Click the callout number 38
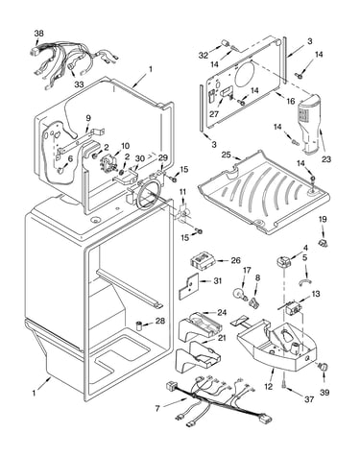[39, 34]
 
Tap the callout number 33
[79, 84]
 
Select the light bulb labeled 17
[240, 294]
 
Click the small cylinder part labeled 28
[139, 325]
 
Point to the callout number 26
[235, 260]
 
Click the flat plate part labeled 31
[187, 285]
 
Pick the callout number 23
[326, 159]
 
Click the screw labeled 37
[285, 387]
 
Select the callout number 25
[227, 155]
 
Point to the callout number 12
[268, 387]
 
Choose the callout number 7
[157, 409]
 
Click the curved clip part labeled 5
[305, 281]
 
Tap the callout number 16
[291, 102]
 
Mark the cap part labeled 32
[226, 43]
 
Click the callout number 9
[88, 118]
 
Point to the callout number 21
[222, 338]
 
